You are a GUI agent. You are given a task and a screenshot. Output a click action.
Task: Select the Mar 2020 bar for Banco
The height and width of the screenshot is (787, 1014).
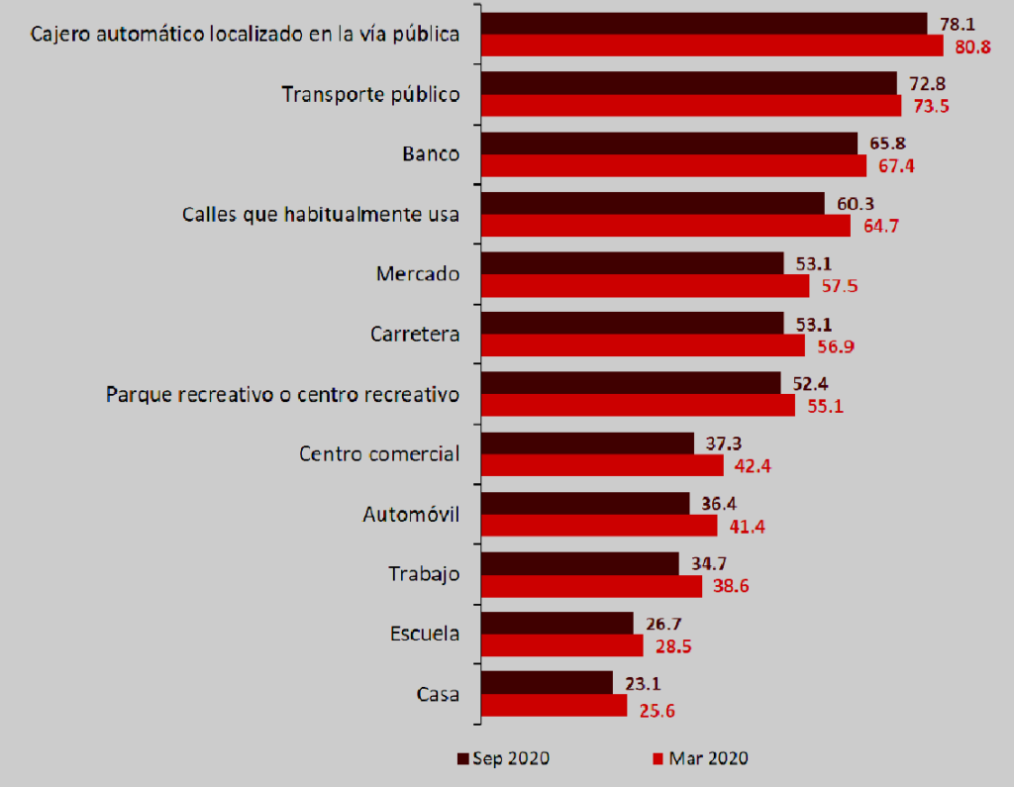(673, 165)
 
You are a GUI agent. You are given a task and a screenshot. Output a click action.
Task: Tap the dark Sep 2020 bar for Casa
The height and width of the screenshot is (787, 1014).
(547, 682)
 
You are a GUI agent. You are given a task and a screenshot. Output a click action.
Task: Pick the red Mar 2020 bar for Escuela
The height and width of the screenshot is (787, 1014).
(561, 645)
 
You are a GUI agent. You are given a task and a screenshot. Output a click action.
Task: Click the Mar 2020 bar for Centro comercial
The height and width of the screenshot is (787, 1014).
(602, 465)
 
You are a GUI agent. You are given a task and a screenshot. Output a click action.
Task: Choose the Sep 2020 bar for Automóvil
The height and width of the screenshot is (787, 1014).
(585, 503)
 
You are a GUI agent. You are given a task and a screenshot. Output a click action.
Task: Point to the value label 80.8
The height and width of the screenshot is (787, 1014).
(972, 47)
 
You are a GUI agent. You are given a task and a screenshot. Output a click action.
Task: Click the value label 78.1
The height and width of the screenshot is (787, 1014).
(957, 22)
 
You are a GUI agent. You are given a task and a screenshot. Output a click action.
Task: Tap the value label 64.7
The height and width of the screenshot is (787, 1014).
(879, 227)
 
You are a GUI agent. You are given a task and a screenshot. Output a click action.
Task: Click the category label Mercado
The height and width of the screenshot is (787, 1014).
(417, 274)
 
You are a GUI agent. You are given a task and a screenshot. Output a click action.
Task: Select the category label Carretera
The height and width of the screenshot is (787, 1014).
(414, 334)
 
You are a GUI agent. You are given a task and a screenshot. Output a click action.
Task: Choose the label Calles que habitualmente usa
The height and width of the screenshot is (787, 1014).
(321, 214)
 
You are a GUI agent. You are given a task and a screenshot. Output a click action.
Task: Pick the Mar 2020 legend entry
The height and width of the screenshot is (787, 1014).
(700, 759)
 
